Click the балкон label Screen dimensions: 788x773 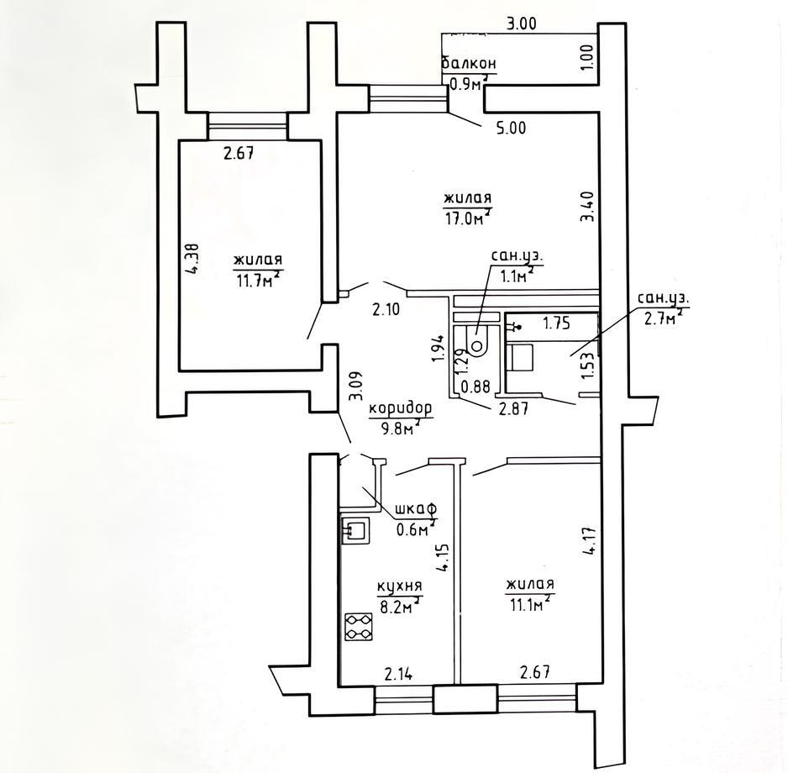click(469, 64)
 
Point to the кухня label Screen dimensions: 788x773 click(400, 586)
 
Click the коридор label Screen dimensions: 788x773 click(401, 408)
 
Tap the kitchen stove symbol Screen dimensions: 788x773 click(359, 627)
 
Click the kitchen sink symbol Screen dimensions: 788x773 click(355, 530)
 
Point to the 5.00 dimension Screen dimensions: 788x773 click(511, 129)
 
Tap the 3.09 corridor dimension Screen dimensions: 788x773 click(356, 386)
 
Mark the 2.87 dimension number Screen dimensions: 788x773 click(513, 408)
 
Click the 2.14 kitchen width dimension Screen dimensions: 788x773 click(398, 674)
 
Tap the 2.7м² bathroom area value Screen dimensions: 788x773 click(662, 318)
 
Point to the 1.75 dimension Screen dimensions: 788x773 click(557, 323)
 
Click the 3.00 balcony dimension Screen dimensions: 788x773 click(521, 24)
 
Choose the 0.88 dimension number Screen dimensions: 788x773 click(475, 386)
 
